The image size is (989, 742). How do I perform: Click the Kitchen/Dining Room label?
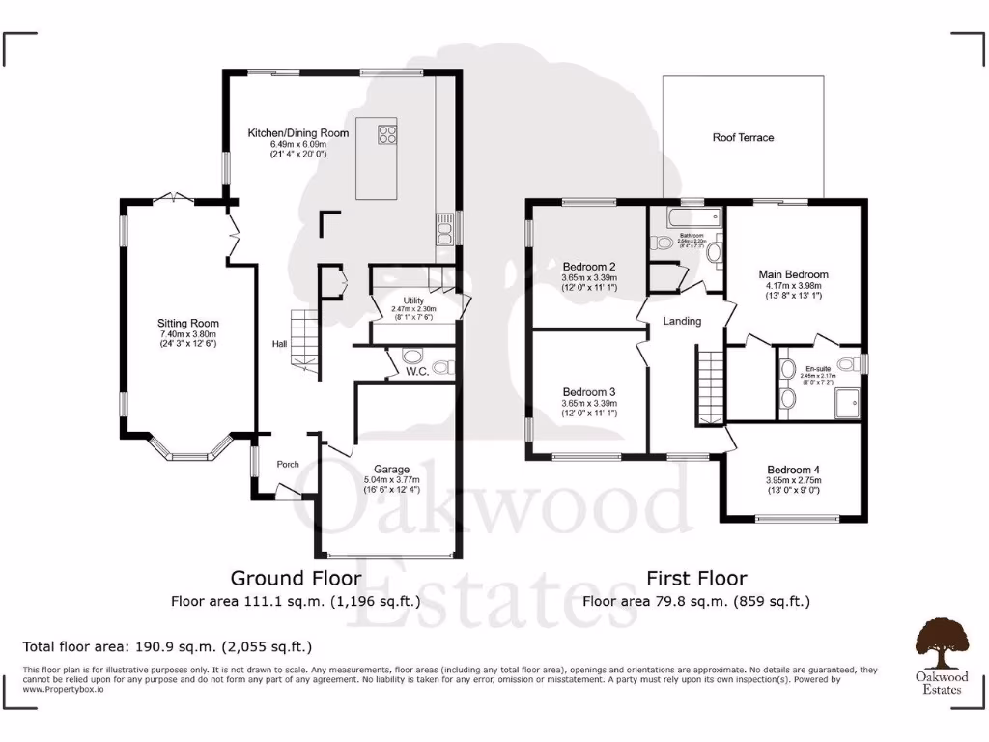tap(297, 133)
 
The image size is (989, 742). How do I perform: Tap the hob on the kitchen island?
tap(387, 134)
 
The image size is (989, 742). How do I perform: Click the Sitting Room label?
tap(188, 324)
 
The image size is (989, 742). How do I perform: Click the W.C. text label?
tap(417, 371)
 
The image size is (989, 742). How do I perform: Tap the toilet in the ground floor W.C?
tap(443, 366)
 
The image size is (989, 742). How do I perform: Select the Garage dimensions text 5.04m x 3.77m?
tap(393, 480)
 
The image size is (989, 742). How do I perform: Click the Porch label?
tap(288, 464)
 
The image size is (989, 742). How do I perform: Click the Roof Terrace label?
tap(743, 138)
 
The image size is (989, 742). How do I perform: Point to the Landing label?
tap(682, 321)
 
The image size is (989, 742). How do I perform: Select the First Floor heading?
tap(696, 579)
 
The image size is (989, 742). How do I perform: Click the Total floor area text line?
tap(167, 646)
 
